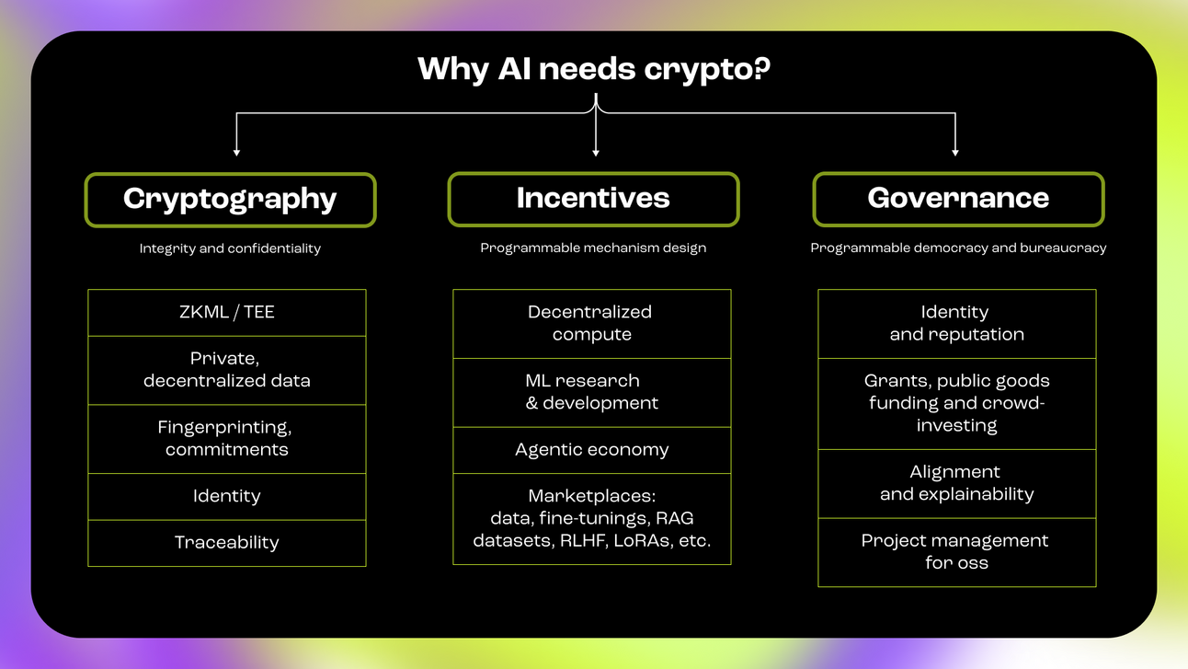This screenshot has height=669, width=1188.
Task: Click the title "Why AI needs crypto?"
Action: click(x=593, y=69)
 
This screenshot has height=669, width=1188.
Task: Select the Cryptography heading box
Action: click(x=230, y=199)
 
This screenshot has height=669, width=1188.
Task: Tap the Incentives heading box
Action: click(x=593, y=199)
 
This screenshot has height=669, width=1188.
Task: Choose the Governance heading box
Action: click(x=958, y=199)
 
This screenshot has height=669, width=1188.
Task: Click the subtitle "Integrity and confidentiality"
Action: click(x=230, y=248)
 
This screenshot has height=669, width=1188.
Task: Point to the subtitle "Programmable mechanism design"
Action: click(x=593, y=248)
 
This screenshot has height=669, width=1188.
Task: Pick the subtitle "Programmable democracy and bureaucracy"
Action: click(x=958, y=248)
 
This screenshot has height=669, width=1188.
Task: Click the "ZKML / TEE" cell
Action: click(x=227, y=313)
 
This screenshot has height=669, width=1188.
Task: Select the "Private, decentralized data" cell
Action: click(x=227, y=370)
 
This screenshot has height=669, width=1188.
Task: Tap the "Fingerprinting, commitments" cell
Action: click(x=227, y=439)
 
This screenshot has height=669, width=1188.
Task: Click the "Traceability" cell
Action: click(x=227, y=543)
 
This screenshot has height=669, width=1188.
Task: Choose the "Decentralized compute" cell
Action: click(x=591, y=324)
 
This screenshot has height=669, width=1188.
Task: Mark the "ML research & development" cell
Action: click(x=591, y=392)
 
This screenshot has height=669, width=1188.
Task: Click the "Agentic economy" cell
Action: click(x=591, y=450)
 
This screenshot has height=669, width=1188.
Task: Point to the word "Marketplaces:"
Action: click(x=591, y=497)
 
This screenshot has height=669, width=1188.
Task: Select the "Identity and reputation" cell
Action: click(x=956, y=324)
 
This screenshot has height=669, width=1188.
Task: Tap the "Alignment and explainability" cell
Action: click(x=956, y=483)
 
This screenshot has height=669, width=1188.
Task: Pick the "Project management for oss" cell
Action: click(x=956, y=552)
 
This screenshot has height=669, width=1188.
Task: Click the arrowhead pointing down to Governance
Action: click(x=955, y=151)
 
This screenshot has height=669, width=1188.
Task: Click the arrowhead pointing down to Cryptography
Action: click(x=237, y=151)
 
